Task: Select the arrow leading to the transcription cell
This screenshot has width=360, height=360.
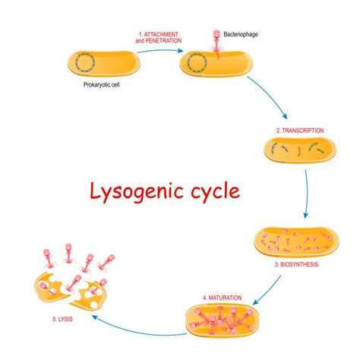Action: tap(270, 99)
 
